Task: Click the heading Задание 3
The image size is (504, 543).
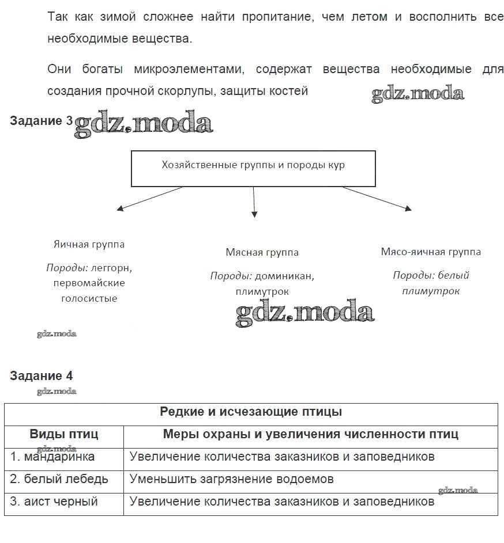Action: [41, 121]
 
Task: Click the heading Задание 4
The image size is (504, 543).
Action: [41, 376]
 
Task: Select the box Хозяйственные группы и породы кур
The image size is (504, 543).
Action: [253, 168]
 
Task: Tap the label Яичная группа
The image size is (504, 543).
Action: [89, 244]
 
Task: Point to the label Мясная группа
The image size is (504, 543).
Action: [262, 252]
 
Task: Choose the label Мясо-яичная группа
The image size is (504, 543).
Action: [431, 252]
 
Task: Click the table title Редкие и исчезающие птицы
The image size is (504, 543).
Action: [251, 412]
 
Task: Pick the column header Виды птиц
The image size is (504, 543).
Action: [64, 434]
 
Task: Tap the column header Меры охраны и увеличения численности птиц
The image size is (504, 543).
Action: [310, 434]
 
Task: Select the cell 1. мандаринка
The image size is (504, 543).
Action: [52, 457]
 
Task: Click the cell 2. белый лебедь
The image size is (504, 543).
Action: [59, 479]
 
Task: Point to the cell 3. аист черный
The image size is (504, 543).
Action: [54, 502]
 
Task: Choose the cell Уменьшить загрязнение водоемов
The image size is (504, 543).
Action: [231, 479]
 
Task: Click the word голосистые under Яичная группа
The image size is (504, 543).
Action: [89, 298]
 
